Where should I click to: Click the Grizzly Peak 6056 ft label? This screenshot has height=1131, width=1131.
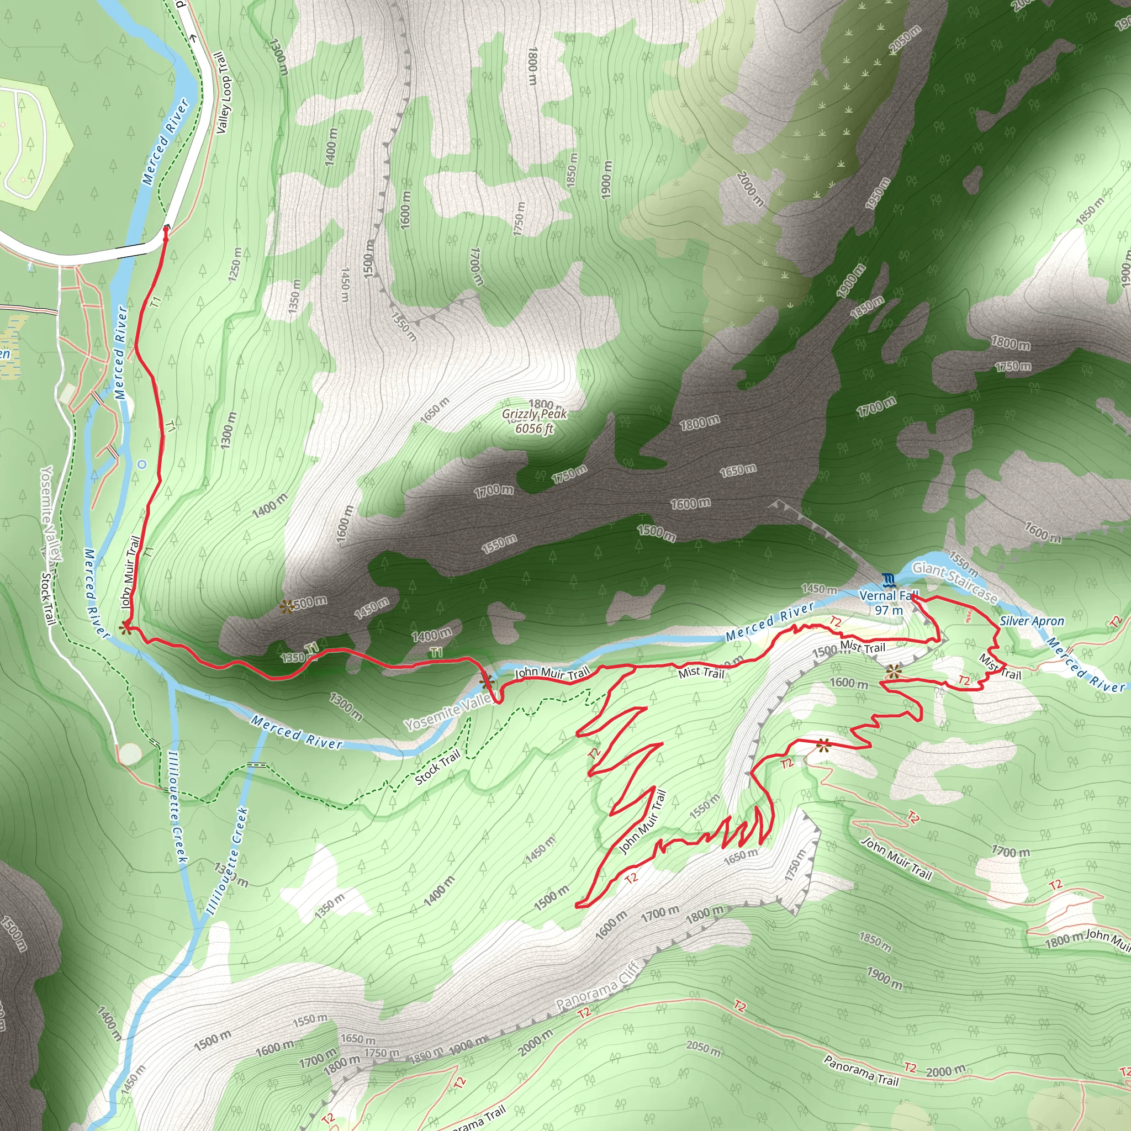[x=535, y=421]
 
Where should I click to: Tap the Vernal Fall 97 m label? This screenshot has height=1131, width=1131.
[x=889, y=603]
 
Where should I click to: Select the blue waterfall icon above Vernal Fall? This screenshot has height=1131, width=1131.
[x=889, y=580]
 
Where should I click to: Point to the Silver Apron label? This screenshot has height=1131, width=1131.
[x=1032, y=621]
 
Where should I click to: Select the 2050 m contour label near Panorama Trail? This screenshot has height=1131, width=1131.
[x=703, y=1047]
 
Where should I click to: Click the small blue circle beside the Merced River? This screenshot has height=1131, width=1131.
[x=141, y=464]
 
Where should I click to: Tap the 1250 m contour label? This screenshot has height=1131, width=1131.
[x=235, y=264]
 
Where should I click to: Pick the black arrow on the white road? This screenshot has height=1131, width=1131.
[x=194, y=39]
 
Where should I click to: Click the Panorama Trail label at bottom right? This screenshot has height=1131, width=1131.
[x=860, y=1071]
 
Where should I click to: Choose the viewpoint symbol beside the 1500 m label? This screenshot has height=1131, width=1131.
[x=287, y=606]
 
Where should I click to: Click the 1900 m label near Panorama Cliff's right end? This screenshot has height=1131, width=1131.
[x=884, y=978]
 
